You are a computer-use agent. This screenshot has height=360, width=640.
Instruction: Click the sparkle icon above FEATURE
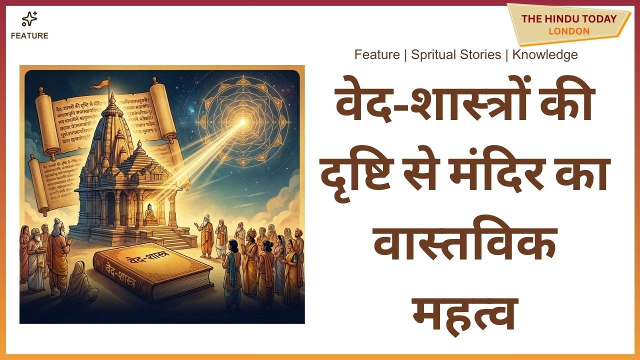click(x=29, y=19)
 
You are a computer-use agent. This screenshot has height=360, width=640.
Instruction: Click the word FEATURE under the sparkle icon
click(x=29, y=36)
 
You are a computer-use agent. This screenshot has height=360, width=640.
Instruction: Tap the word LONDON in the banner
click(x=568, y=31)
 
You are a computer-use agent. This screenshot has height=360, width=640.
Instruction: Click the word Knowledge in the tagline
click(x=544, y=54)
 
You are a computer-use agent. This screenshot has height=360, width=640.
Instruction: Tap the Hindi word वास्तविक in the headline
click(x=466, y=245)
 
